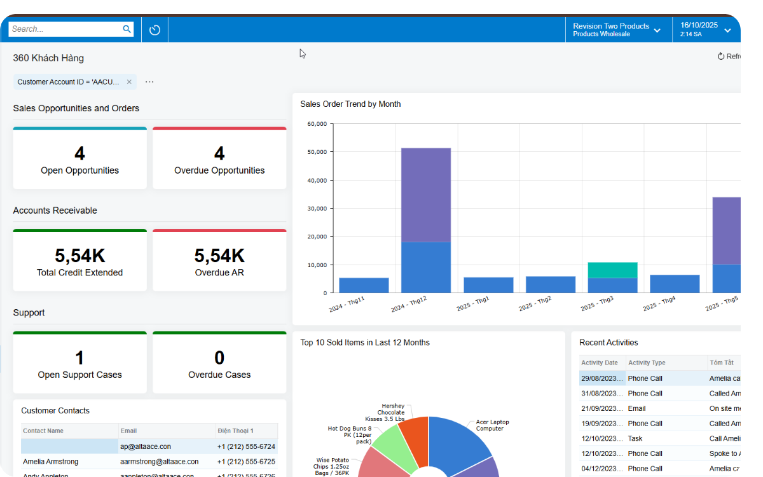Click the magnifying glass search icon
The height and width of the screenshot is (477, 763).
[x=127, y=29]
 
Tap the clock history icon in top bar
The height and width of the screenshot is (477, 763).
[x=155, y=30]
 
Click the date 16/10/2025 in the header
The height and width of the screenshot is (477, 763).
[x=699, y=25]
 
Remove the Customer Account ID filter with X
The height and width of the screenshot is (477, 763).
[x=129, y=82]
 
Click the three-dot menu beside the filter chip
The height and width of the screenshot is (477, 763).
[x=149, y=82]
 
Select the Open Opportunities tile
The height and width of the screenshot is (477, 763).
[x=79, y=159]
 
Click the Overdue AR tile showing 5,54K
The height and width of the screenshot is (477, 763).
[x=219, y=261]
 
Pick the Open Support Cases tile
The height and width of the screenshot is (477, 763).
[x=79, y=364]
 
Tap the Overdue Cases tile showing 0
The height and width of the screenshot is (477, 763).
[x=219, y=364]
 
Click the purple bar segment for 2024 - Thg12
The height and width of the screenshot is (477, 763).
[x=426, y=195]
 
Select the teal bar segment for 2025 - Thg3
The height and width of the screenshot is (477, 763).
[x=612, y=270]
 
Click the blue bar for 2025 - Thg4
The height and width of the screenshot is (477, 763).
[x=675, y=284]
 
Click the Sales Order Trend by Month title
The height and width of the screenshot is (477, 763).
[x=350, y=104]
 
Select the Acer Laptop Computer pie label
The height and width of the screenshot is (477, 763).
[x=492, y=425]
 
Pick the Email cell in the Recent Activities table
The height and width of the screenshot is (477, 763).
[x=637, y=408]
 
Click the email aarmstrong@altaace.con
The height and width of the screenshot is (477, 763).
[x=159, y=462]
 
